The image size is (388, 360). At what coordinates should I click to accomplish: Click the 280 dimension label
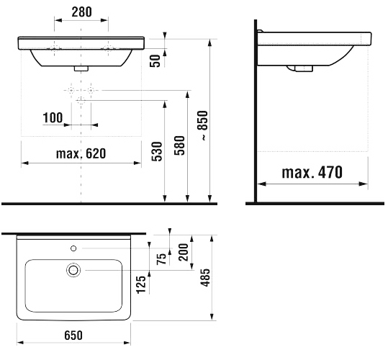pos(81,12)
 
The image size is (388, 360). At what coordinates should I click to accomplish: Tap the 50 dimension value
pos(155,60)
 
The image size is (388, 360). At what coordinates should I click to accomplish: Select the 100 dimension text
pos(53,117)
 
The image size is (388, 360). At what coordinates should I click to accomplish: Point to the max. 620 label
pos(81,153)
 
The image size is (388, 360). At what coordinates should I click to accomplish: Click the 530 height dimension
pos(157,151)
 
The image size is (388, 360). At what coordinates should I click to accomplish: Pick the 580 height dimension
pos(179,145)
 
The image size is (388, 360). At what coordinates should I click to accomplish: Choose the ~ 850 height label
pos(204,126)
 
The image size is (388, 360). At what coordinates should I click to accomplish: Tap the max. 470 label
pos(312,172)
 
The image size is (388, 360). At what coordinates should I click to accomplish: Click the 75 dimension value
pos(162,258)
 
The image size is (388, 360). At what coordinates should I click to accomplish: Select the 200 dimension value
pos(184,252)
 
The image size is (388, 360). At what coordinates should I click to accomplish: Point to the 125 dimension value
pos(142,285)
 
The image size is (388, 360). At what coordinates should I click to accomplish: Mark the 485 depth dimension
pos(205,278)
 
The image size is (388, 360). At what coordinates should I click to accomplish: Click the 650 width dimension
pos(73,336)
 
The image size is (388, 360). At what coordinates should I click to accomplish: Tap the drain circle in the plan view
pos(73,270)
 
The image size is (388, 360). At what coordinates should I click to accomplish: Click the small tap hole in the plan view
pos(73,248)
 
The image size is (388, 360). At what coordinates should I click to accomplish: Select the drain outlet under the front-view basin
pos(81,68)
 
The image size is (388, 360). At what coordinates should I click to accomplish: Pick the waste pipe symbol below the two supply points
pos(81,101)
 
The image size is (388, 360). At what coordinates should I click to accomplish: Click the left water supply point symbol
pos(71,91)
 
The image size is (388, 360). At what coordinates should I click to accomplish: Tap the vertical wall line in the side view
pos(256,112)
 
